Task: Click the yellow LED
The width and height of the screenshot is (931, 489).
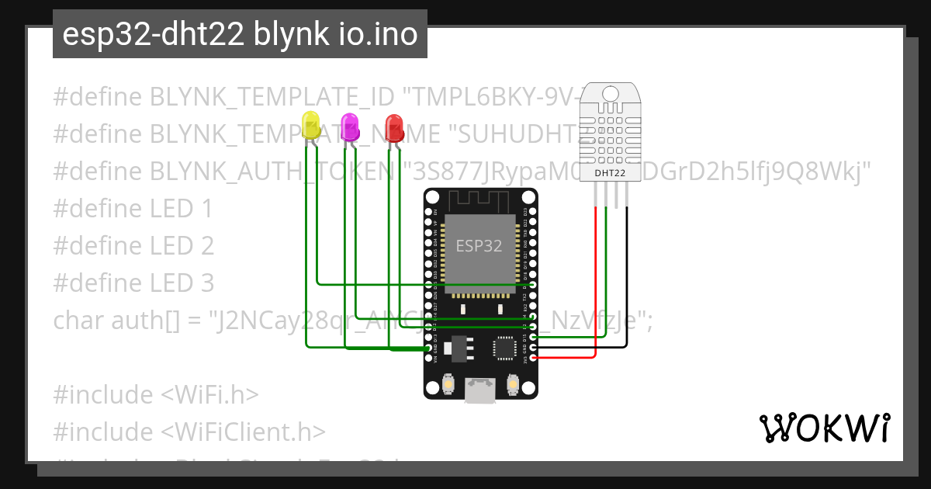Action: tap(312, 126)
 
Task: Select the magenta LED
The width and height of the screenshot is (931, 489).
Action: tap(350, 127)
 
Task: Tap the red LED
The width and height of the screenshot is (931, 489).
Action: tap(394, 127)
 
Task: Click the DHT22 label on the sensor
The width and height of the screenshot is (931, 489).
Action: tap(610, 173)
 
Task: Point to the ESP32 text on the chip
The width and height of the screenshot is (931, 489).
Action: tap(479, 247)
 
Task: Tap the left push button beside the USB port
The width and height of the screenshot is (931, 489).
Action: tap(448, 383)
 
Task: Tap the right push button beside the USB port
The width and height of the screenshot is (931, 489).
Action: tap(511, 383)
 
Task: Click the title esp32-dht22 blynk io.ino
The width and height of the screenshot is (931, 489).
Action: tap(240, 34)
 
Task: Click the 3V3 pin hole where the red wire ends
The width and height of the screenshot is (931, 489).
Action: tap(534, 358)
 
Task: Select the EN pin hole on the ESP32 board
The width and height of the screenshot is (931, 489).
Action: tap(429, 210)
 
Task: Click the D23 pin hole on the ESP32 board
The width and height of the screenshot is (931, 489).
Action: tap(534, 210)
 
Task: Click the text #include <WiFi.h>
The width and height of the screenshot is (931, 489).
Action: tap(155, 394)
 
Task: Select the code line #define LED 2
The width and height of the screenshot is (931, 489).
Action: tap(133, 245)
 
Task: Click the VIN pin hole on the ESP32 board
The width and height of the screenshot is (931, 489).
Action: tap(429, 358)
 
